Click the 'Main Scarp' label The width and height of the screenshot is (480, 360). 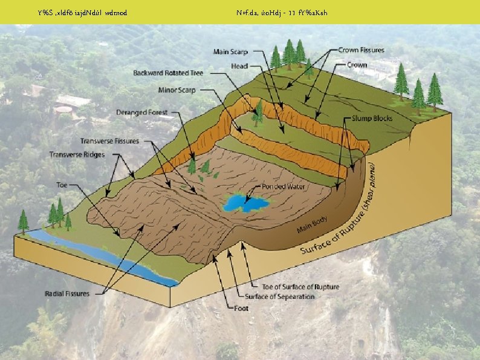(x=230, y=52)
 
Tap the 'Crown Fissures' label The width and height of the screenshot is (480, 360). (x=361, y=50)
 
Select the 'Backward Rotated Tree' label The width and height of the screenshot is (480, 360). (x=168, y=73)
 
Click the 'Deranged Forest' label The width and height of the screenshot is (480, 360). (x=142, y=113)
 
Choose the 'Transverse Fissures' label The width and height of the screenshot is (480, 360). (x=109, y=141)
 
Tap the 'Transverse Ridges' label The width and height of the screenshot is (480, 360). (x=77, y=155)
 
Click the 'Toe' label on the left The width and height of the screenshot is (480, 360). (x=62, y=185)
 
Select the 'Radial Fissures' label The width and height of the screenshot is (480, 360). (x=67, y=294)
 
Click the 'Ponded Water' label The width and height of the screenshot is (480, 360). (x=284, y=187)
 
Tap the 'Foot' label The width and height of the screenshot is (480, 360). (x=241, y=308)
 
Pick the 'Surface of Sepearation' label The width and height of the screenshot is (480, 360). (x=279, y=296)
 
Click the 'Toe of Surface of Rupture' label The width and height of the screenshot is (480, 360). (x=300, y=286)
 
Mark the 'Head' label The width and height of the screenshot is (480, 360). (x=239, y=66)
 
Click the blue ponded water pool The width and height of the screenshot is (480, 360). (x=245, y=201)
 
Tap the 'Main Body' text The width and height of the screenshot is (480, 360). (x=313, y=225)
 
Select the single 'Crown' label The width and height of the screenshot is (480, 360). (x=357, y=65)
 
